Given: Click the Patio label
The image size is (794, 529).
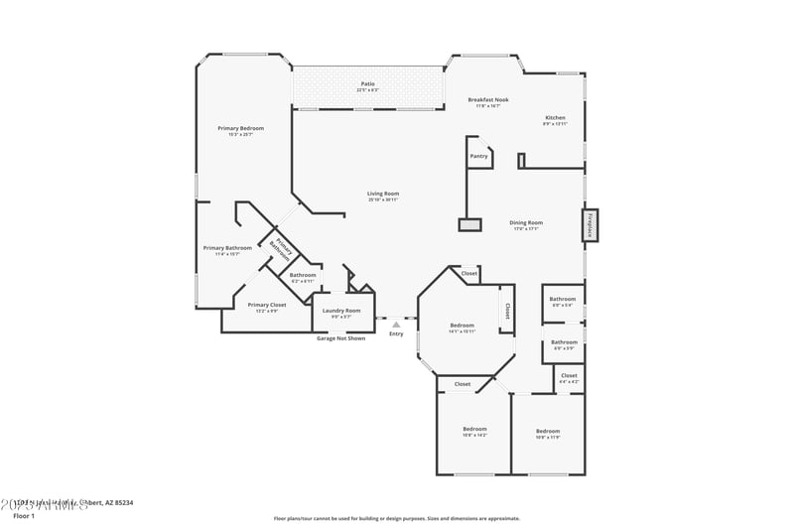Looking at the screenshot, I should tap(367, 84).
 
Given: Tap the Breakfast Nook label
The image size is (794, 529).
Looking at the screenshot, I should tap(487, 100).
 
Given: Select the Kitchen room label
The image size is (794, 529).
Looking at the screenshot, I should tap(555, 117).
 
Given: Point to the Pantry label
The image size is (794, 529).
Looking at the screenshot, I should tap(478, 156).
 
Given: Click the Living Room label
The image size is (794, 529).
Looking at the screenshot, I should tap(383, 195).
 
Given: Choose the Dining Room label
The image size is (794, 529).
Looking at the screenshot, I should tap(525, 223).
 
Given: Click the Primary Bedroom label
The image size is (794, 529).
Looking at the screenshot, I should tap(241, 129).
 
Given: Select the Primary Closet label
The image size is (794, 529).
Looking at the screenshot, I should tap(266, 306).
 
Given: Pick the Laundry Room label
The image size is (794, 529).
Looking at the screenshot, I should tap(340, 312).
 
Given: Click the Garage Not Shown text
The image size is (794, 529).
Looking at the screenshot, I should tap(340, 338).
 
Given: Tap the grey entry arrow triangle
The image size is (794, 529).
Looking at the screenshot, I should tap(396, 324).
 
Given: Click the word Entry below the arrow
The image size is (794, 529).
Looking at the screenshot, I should tap(396, 333).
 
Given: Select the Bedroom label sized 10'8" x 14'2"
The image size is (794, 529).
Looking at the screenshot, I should tap(473, 431).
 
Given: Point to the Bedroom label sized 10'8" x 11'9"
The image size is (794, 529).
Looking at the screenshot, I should tap(548, 432).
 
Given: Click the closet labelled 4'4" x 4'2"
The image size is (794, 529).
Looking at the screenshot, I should tap(569, 376).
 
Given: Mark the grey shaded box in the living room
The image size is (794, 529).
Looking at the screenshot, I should tap(469, 224).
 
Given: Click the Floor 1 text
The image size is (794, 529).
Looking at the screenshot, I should tap(24, 516).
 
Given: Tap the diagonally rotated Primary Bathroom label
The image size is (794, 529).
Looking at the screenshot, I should tap(281, 248).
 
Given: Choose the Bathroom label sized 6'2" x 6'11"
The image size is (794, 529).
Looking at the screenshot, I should tap(303, 276).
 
